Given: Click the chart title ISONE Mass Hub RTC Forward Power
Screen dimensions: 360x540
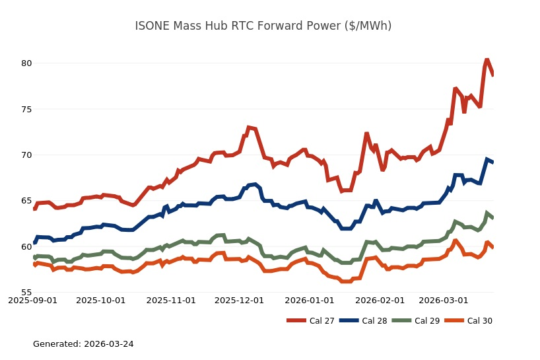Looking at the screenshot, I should tap(263, 26).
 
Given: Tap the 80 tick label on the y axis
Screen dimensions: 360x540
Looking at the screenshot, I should tap(26, 63).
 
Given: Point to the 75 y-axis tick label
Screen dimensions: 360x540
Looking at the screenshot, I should tap(26, 109).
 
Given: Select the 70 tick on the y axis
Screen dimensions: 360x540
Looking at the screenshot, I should tap(26, 155).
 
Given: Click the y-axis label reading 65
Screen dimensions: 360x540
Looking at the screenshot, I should tap(26, 201).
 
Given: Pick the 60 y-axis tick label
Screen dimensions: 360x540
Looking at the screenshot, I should tap(26, 247).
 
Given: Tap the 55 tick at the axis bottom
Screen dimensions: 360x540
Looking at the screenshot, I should tap(26, 293).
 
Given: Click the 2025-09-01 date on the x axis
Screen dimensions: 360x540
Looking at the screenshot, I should tap(32, 300).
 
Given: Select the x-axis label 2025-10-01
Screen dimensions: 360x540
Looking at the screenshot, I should tap(100, 300).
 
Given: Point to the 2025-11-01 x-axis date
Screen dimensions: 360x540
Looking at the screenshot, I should tap(171, 300).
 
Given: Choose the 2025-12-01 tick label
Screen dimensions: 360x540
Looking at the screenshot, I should tap(239, 300).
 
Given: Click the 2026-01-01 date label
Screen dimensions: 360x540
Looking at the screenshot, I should tap(310, 300).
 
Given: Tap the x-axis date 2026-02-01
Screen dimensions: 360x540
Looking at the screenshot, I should tap(380, 300).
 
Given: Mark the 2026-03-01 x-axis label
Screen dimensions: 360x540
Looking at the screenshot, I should tap(444, 300).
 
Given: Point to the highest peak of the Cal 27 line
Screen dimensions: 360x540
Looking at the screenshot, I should tap(487, 60).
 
